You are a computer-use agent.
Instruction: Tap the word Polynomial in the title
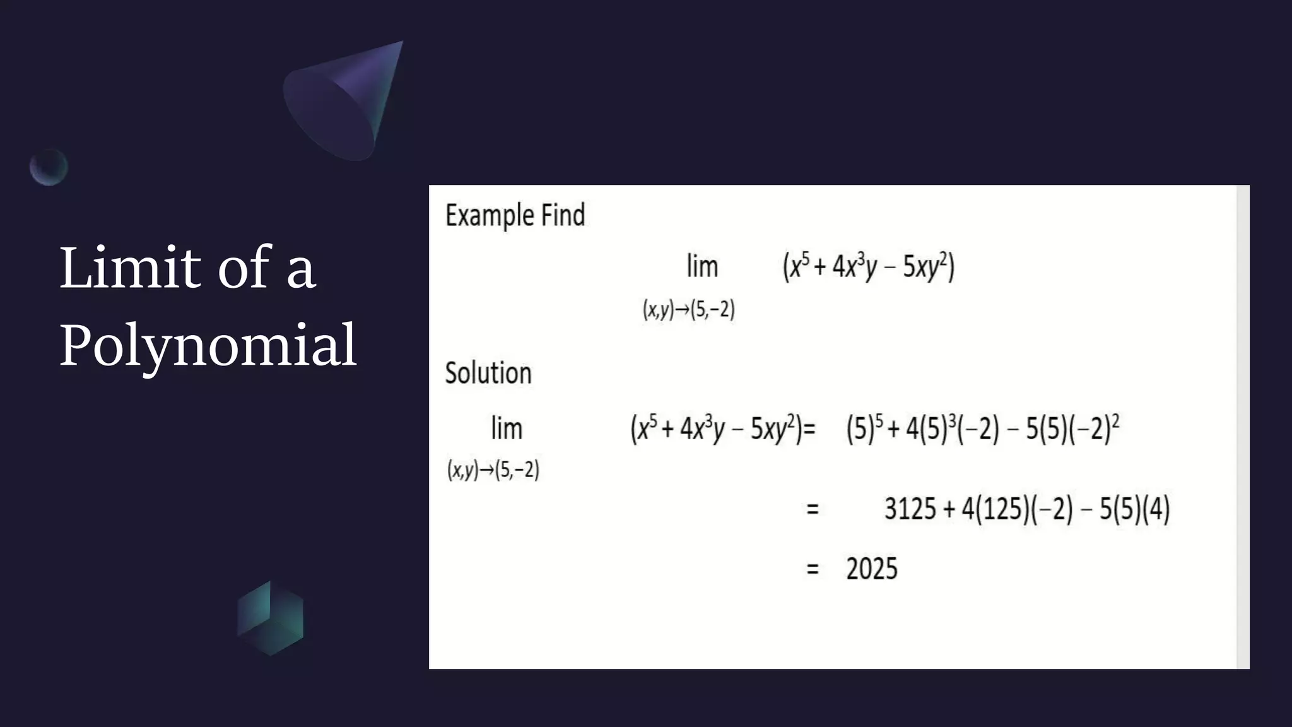point(208,345)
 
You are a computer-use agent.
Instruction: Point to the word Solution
point(488,373)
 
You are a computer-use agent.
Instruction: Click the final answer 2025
point(871,569)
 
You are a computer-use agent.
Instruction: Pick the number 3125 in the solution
point(910,509)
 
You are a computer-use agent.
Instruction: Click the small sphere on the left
point(49,167)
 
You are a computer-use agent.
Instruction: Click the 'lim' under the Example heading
point(702,266)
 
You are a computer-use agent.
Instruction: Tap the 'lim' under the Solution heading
point(507,429)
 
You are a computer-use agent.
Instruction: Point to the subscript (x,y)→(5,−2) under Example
point(688,309)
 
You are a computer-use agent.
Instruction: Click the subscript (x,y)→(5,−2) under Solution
point(493,470)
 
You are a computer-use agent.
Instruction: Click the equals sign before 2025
point(813,569)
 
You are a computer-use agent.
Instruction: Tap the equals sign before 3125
point(813,509)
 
